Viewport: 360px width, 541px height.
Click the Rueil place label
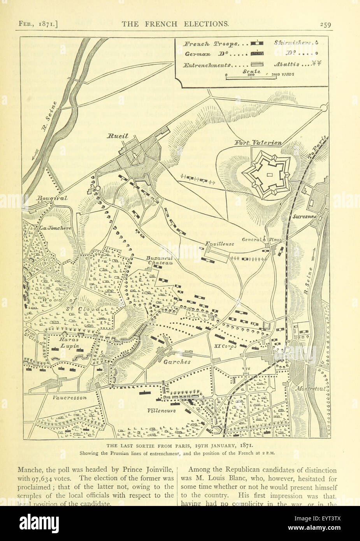(x=118, y=137)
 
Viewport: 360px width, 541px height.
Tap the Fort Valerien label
(x=258, y=143)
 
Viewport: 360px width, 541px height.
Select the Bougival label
(x=52, y=198)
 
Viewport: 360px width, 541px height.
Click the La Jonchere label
(x=54, y=228)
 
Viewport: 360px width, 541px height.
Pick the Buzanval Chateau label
(x=159, y=260)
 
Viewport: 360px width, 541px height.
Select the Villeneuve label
(x=162, y=410)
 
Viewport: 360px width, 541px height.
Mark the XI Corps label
(x=226, y=346)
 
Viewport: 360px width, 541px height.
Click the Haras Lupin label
(x=69, y=343)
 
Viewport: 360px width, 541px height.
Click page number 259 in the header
(x=325, y=24)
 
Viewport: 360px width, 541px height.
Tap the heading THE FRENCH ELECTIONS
(x=175, y=24)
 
